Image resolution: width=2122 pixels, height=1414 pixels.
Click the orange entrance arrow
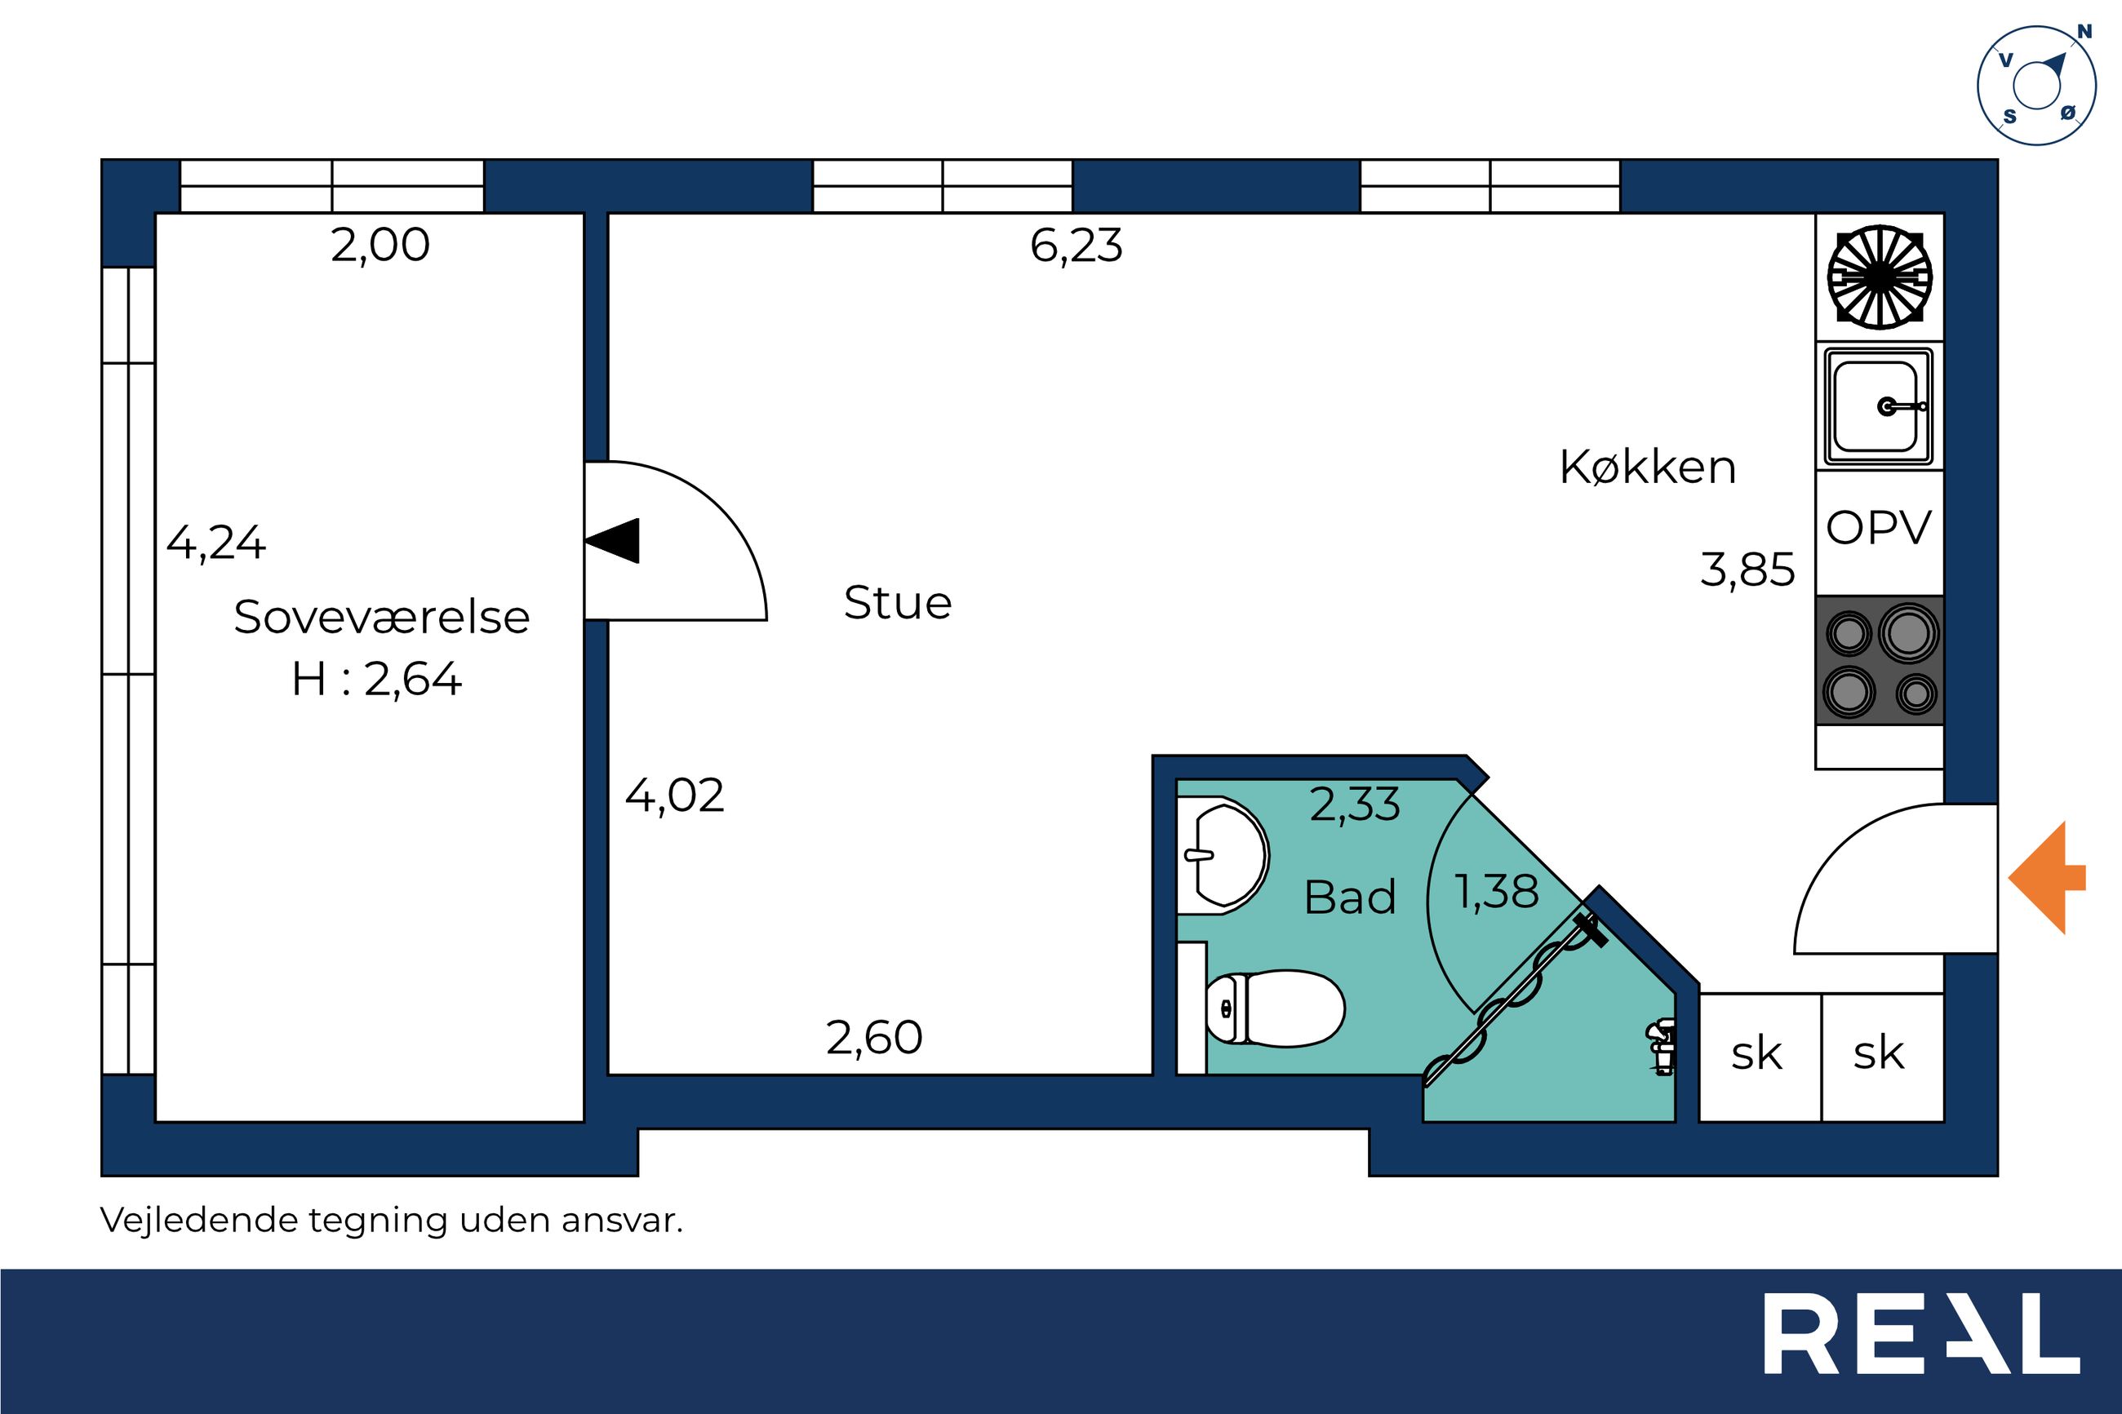click(2046, 877)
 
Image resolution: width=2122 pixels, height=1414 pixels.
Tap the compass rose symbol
click(2036, 86)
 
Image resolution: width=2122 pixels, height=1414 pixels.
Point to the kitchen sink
click(1880, 406)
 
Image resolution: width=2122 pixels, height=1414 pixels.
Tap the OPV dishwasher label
click(1879, 529)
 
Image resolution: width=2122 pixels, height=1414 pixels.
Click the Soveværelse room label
click(381, 618)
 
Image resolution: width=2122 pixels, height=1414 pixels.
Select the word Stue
click(897, 602)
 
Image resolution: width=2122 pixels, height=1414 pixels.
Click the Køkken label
click(1648, 468)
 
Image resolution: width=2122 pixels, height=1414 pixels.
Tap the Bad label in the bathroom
click(1350, 898)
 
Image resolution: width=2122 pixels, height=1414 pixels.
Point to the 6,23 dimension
click(1076, 246)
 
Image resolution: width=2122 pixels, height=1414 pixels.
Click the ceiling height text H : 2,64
click(376, 679)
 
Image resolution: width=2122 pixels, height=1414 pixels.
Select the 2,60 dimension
click(874, 1038)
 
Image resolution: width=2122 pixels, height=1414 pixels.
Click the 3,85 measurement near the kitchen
click(1747, 571)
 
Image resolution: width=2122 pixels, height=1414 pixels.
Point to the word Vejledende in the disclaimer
click(198, 1220)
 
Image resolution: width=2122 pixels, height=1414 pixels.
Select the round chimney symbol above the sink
click(1880, 277)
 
